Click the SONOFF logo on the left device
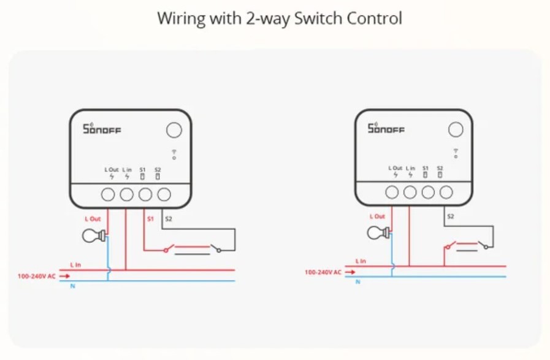(x=102, y=129)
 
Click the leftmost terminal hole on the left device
(x=108, y=195)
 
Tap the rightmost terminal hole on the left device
(x=164, y=195)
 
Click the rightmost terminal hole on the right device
(x=447, y=193)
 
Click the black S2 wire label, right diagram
(x=451, y=216)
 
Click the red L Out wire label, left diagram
(x=93, y=218)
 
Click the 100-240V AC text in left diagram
(x=36, y=277)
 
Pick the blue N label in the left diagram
(x=74, y=286)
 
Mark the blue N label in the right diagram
(x=359, y=281)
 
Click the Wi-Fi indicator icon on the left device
(x=174, y=155)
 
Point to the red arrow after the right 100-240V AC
(x=349, y=272)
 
